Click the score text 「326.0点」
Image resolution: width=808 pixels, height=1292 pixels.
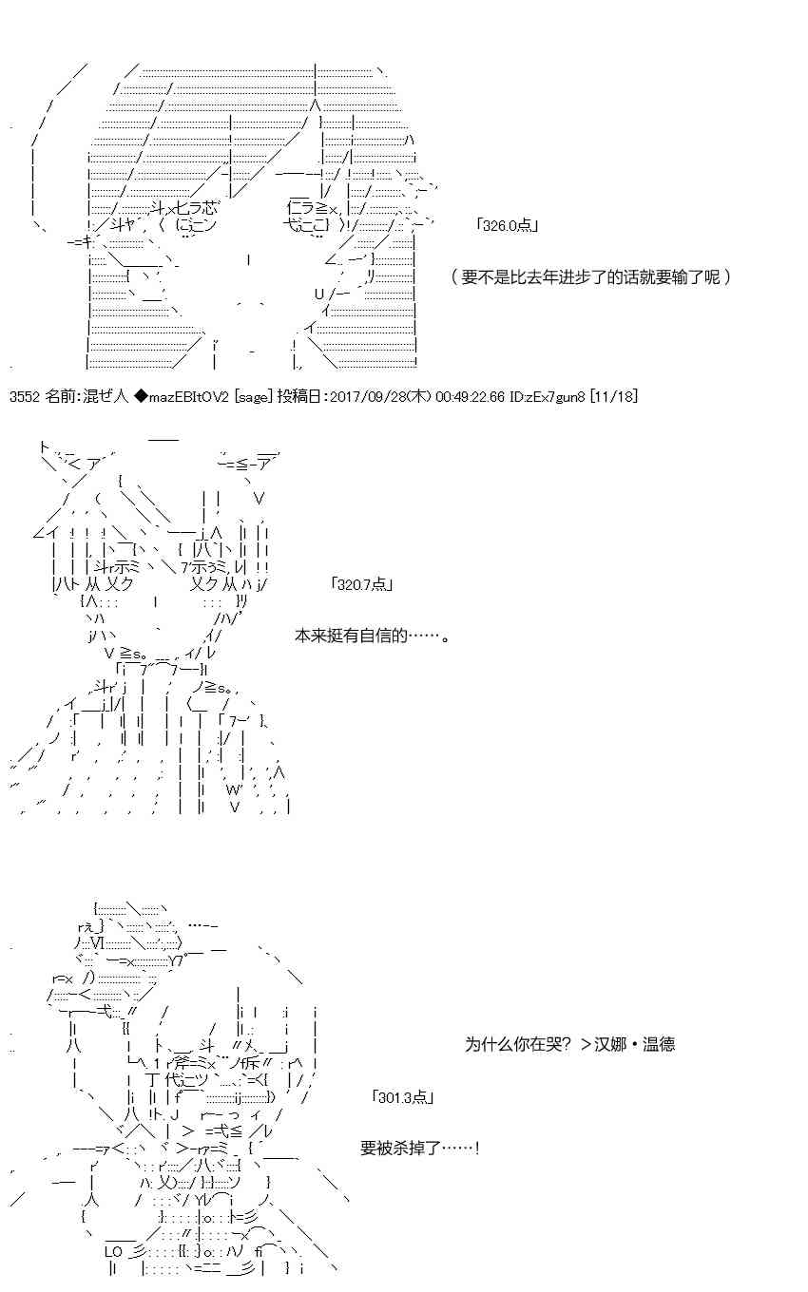point(508,225)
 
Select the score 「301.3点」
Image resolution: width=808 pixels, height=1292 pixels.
point(403,1096)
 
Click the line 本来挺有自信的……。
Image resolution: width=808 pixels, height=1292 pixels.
point(373,636)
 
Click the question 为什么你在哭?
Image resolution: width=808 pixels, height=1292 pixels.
point(518,1044)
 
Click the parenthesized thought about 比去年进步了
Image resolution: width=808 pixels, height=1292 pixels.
point(590,276)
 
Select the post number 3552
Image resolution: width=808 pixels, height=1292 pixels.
point(25,396)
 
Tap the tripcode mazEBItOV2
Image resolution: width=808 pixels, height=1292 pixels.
point(189,396)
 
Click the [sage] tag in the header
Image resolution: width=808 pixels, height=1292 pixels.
point(253,397)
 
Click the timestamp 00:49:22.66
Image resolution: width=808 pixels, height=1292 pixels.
point(470,396)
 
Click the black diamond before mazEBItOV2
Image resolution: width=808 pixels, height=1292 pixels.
point(141,396)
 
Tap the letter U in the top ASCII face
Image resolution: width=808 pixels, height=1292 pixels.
point(318,294)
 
